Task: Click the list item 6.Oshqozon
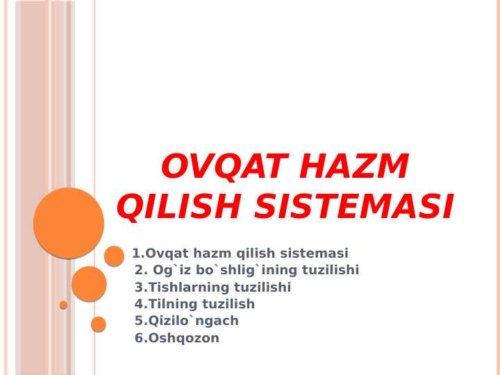[177, 338]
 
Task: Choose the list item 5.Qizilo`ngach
[187, 321]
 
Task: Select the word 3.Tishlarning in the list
[177, 287]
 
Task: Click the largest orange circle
[69, 223]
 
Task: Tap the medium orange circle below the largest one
[89, 283]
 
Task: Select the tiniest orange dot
[63, 305]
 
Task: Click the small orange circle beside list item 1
[114, 256]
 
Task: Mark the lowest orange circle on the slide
[99, 324]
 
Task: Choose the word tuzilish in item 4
[228, 304]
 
